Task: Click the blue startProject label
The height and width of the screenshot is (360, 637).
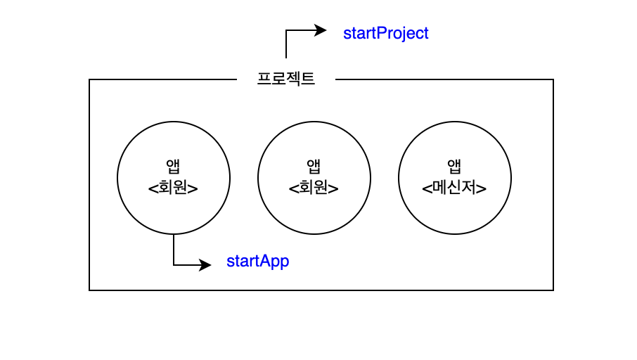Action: click(385, 33)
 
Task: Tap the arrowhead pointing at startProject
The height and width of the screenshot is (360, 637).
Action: click(321, 30)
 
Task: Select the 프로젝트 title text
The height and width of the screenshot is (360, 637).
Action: click(286, 79)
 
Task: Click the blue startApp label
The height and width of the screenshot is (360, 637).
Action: click(257, 262)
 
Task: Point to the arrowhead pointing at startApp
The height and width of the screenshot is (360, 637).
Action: click(205, 265)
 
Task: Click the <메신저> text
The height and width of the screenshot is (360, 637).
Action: click(454, 188)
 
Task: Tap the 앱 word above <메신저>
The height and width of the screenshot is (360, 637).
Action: click(454, 167)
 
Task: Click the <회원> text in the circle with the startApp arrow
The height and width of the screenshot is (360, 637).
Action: click(173, 188)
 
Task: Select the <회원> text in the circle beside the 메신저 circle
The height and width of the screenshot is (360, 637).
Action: click(314, 188)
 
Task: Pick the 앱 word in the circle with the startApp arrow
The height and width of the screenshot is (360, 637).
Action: click(173, 167)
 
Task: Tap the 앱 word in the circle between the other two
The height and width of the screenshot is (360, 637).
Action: click(314, 167)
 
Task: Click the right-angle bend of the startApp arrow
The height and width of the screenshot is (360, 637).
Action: click(174, 265)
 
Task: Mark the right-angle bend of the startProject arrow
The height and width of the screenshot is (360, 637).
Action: click(286, 30)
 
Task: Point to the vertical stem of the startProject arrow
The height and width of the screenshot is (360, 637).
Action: click(286, 45)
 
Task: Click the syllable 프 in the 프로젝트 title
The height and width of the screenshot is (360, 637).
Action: click(264, 79)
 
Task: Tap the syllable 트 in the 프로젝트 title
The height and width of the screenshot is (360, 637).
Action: click(308, 79)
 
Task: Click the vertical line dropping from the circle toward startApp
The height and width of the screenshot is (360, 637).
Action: click(174, 250)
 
